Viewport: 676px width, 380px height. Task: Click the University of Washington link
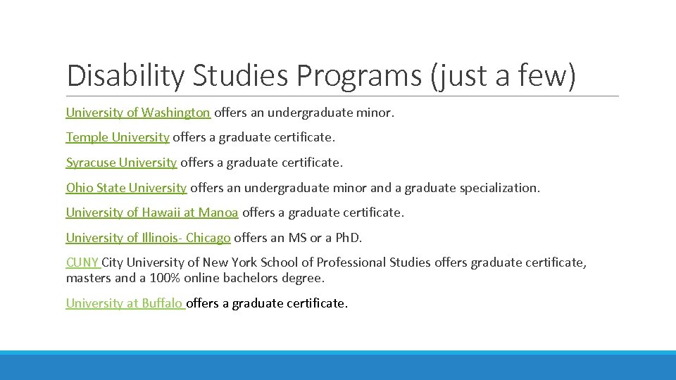(x=138, y=113)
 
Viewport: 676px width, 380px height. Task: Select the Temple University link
(x=118, y=137)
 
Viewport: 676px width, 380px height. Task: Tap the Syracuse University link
(x=121, y=163)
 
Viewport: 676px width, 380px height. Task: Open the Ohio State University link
(x=126, y=188)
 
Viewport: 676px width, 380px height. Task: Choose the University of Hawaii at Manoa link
(x=152, y=213)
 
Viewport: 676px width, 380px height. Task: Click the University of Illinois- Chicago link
(x=148, y=238)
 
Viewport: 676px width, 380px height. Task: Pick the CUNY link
(x=83, y=262)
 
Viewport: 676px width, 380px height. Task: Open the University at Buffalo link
(x=125, y=303)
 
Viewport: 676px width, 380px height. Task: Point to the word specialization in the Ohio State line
(x=499, y=188)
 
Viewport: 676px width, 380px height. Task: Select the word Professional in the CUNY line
(x=351, y=262)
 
